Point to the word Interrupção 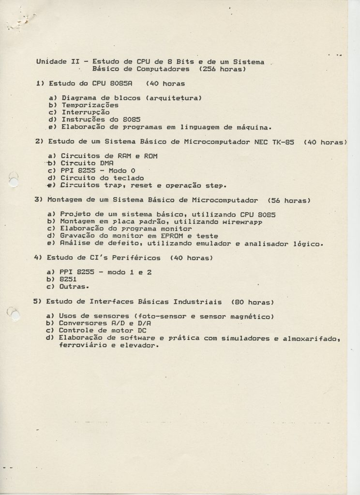pyautogui.click(x=85, y=112)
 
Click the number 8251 pyautogui.click(x=70, y=279)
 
